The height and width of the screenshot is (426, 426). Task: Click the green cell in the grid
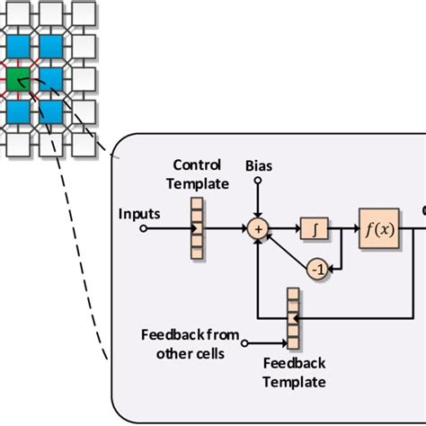(18, 82)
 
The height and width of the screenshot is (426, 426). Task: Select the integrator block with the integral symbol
(314, 228)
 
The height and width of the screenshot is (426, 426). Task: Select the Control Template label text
(202, 174)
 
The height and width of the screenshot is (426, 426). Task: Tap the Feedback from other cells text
(190, 343)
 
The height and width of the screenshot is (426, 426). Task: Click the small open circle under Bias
(258, 181)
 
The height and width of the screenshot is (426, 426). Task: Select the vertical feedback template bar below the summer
(292, 319)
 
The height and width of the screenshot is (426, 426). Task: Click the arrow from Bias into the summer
(258, 202)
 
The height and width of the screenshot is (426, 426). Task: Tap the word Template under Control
(202, 183)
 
